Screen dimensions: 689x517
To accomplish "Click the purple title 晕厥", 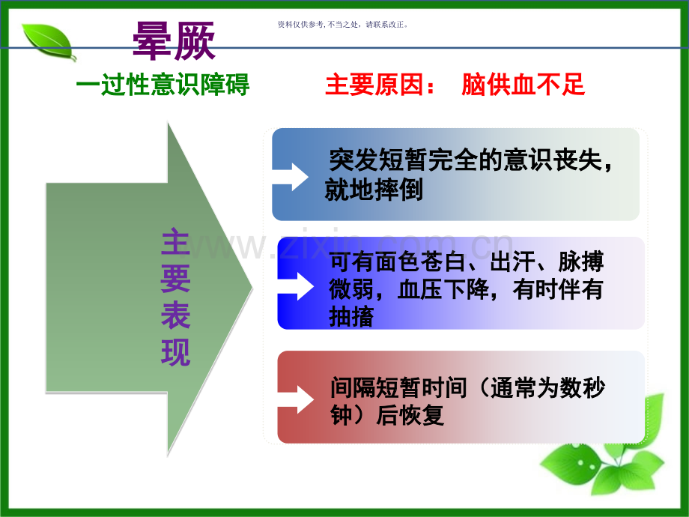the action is pyautogui.click(x=174, y=41).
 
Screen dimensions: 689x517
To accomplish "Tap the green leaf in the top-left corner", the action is pyautogui.click(x=49, y=42).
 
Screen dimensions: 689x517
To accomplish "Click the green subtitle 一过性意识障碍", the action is pyautogui.click(x=163, y=85).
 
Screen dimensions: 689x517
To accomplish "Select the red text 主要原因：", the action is pyautogui.click(x=380, y=85).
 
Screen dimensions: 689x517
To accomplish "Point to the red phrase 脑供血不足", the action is pyautogui.click(x=523, y=85).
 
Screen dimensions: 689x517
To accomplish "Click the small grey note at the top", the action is pyautogui.click(x=343, y=25).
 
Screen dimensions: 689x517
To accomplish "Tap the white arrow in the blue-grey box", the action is pyautogui.click(x=291, y=177).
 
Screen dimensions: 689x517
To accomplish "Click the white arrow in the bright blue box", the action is pyautogui.click(x=296, y=286).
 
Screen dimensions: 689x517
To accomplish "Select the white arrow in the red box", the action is pyautogui.click(x=296, y=399).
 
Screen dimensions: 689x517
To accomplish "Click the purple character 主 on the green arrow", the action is pyautogui.click(x=176, y=242).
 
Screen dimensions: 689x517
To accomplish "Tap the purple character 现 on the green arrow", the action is pyautogui.click(x=176, y=351).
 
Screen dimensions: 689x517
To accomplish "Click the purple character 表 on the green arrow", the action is pyautogui.click(x=176, y=315).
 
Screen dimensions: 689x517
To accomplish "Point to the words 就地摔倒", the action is pyautogui.click(x=374, y=190).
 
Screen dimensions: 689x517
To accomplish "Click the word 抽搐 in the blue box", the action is pyautogui.click(x=351, y=316).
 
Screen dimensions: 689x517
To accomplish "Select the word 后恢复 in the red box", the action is pyautogui.click(x=410, y=415).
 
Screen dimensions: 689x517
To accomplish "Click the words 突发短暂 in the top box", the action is pyautogui.click(x=378, y=160).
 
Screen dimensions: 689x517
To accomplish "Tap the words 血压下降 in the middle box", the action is pyautogui.click(x=443, y=289).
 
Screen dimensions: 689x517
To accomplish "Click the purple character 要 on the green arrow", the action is pyautogui.click(x=176, y=279).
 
